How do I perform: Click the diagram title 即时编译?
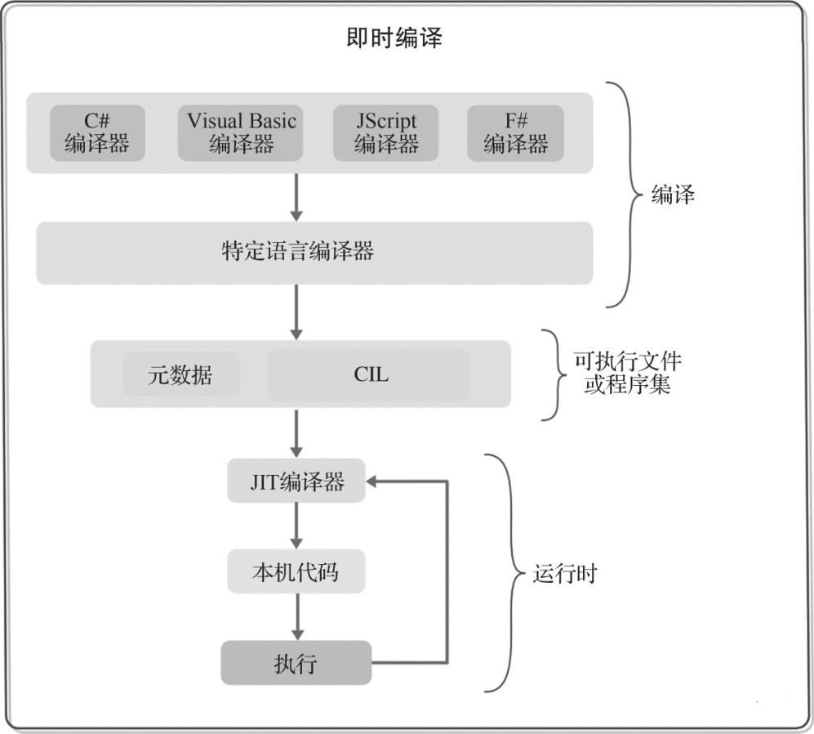coord(394,38)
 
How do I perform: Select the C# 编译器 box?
coord(97,132)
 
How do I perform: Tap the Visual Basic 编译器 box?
coord(241,132)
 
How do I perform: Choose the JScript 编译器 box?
coord(385,132)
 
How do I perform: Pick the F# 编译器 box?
coord(515,132)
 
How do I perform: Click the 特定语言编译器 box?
coord(314,253)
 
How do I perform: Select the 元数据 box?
coord(181,374)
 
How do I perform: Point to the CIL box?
coord(369,374)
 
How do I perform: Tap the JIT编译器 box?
coord(296,481)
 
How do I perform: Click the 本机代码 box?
coord(296,571)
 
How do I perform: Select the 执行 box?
coord(296,663)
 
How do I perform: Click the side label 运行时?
coord(565,574)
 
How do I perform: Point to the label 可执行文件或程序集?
coord(628,373)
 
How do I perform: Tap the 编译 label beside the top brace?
coord(673,195)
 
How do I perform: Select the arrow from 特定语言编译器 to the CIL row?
coord(296,312)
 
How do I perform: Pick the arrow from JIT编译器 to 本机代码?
coord(296,526)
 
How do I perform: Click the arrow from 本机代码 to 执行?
coord(297,616)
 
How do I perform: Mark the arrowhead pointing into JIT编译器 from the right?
coord(371,481)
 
